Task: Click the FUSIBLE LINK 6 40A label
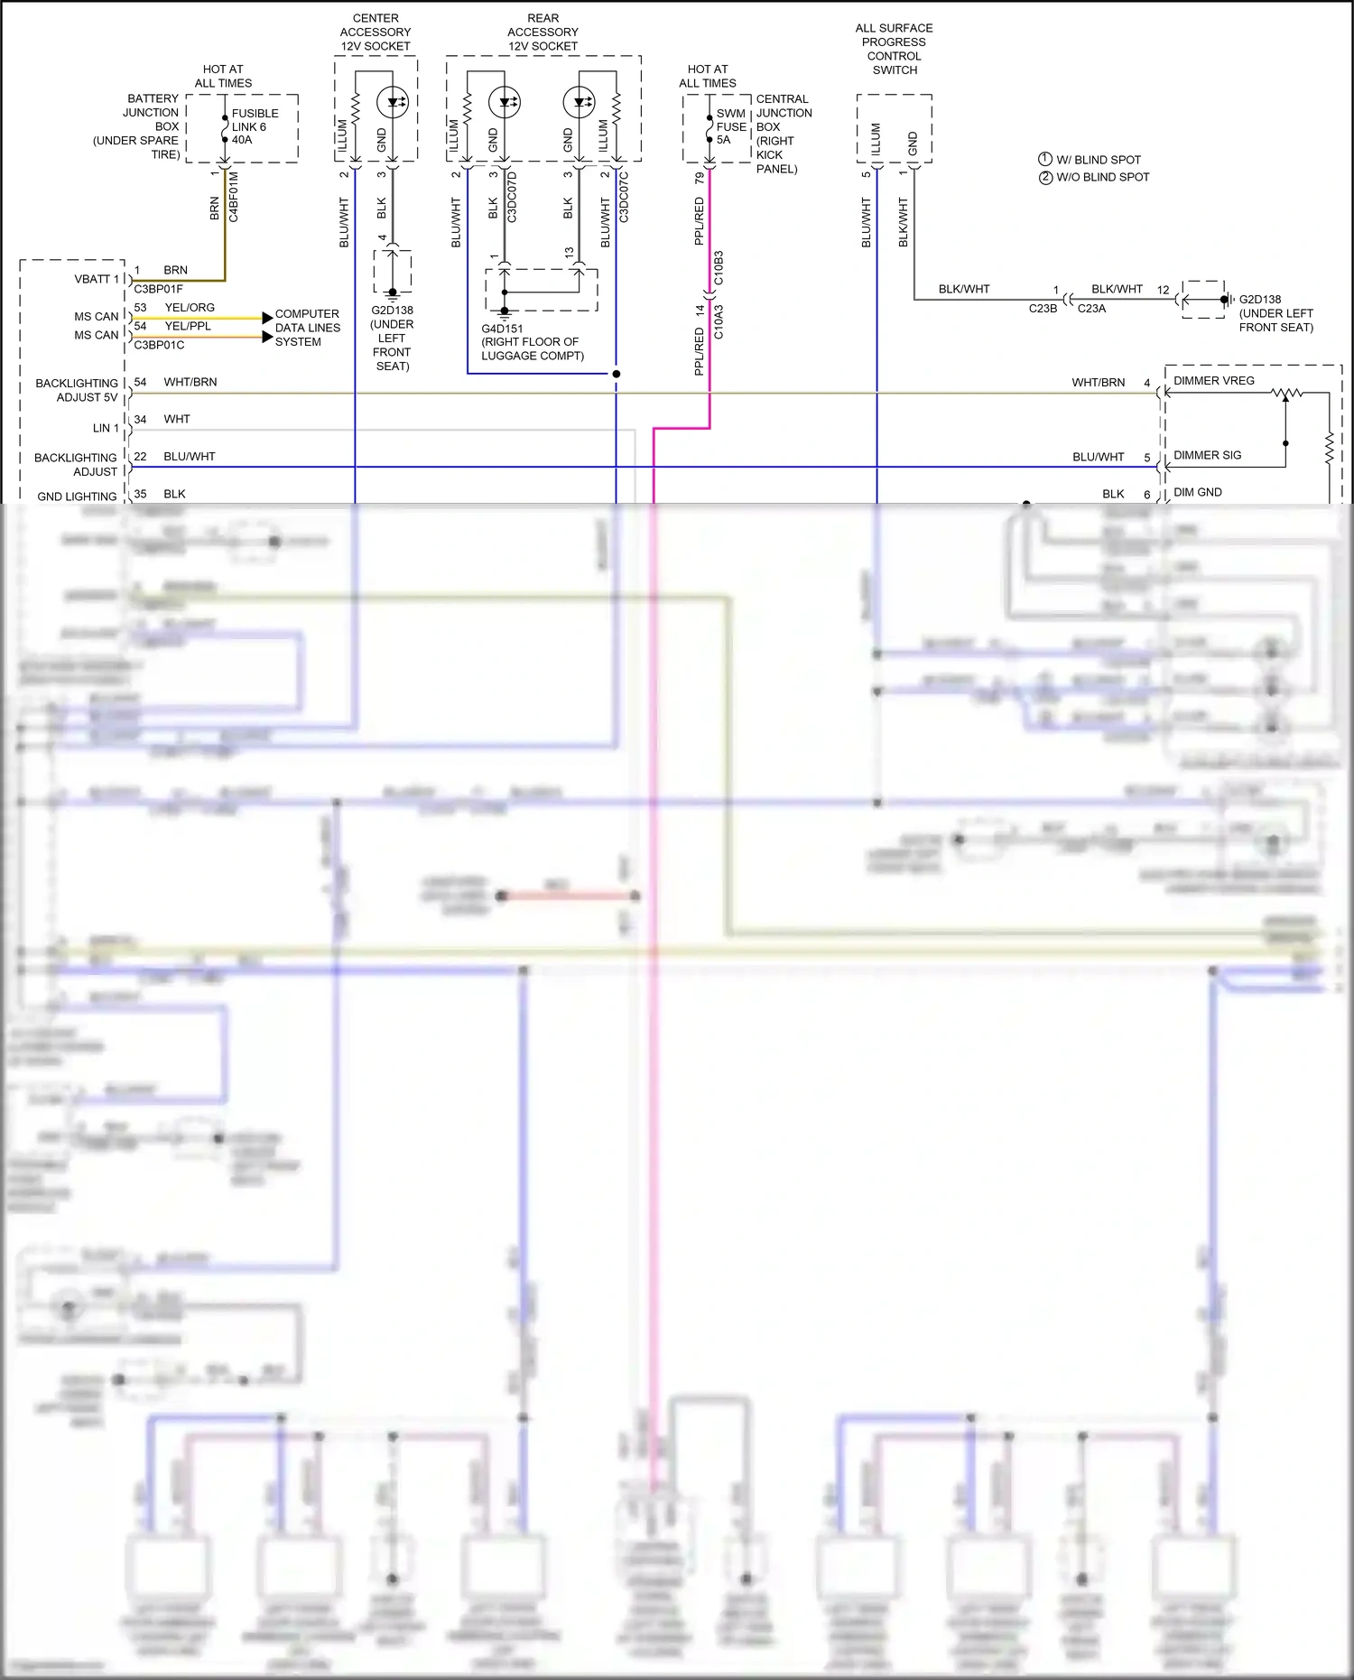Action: click(254, 126)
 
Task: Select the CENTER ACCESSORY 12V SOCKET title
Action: click(376, 32)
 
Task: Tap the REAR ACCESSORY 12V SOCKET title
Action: click(543, 32)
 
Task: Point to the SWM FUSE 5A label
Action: click(731, 126)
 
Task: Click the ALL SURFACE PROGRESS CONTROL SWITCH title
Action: click(894, 49)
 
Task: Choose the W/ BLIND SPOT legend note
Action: click(1098, 160)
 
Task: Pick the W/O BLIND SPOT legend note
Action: click(1102, 177)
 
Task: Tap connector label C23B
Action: click(1043, 309)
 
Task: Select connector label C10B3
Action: click(719, 268)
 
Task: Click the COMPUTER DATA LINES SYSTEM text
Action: click(307, 328)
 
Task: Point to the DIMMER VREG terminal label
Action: click(1213, 381)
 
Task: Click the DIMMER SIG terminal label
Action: click(1207, 455)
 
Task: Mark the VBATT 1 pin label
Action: click(97, 279)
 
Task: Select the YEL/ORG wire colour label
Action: click(190, 308)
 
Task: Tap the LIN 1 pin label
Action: click(106, 428)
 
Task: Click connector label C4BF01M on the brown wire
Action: click(234, 197)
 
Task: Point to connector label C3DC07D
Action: click(512, 197)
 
